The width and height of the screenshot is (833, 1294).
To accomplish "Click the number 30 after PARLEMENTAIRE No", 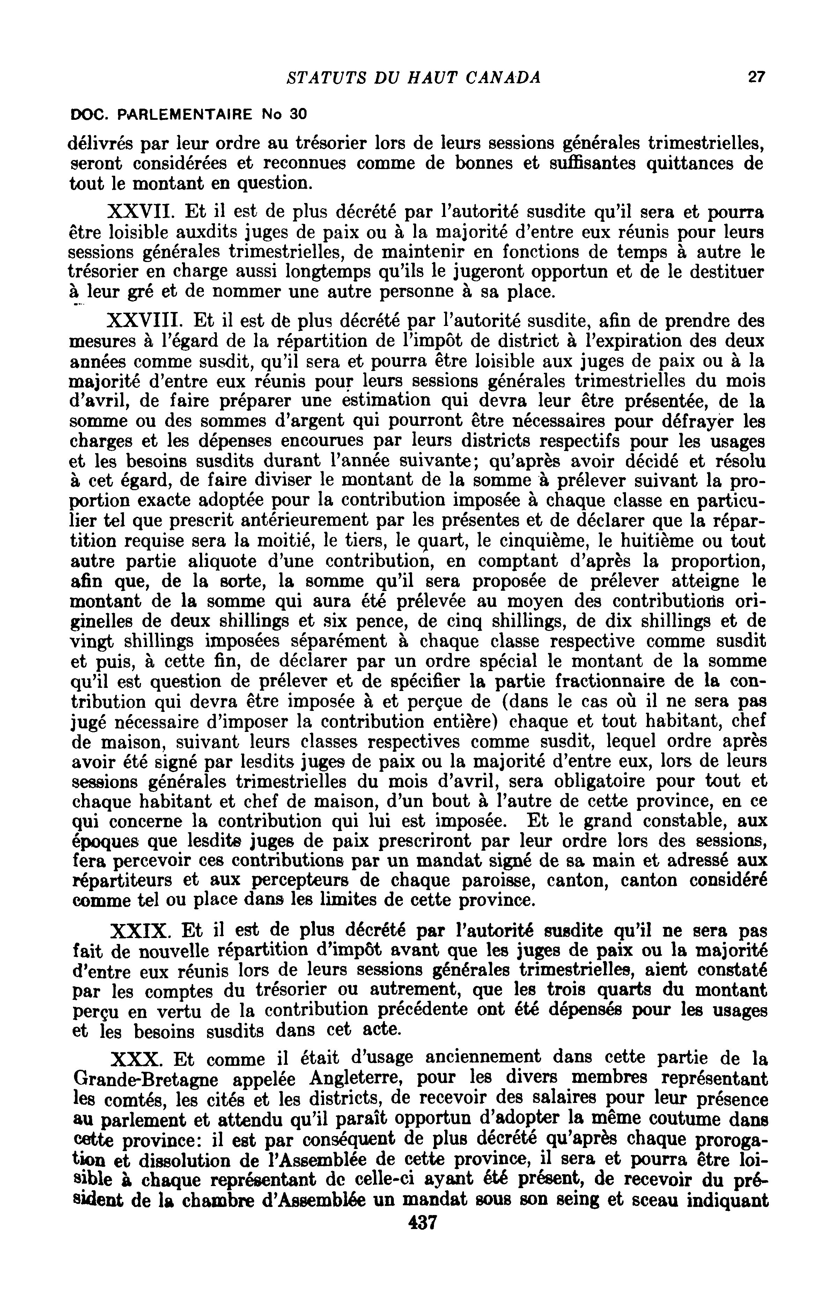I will [298, 114].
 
